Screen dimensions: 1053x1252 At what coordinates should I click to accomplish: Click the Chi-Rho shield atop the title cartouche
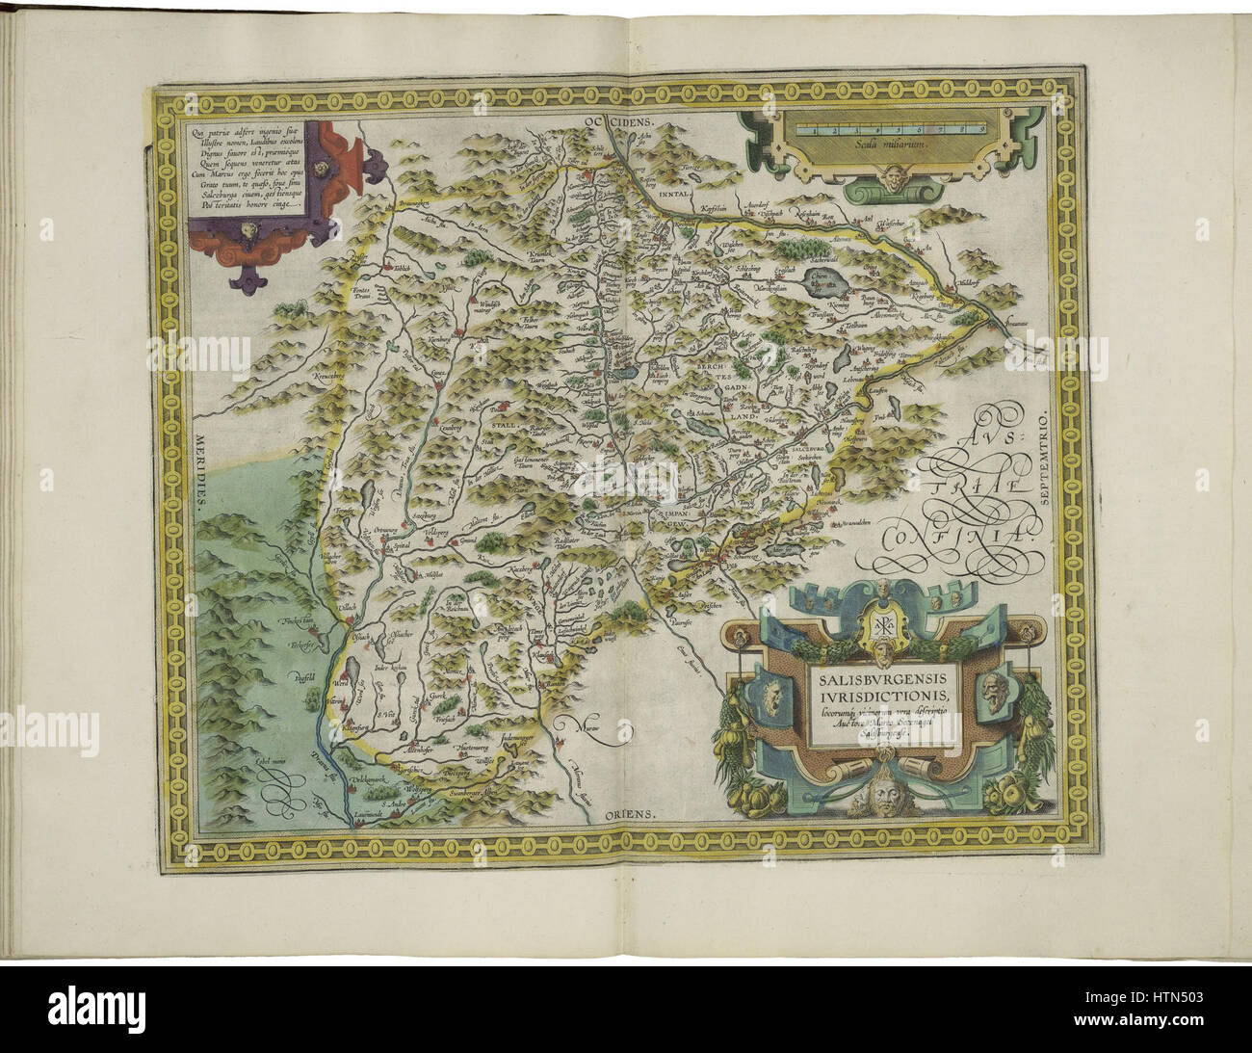870,624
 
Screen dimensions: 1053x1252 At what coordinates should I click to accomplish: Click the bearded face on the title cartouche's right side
994,691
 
